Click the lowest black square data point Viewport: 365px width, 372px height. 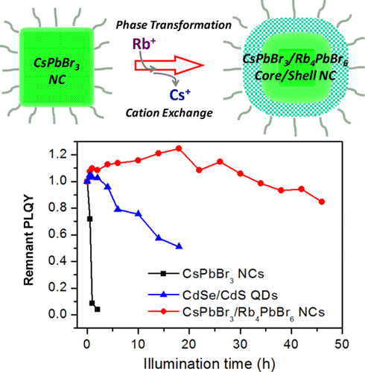[97, 309]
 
